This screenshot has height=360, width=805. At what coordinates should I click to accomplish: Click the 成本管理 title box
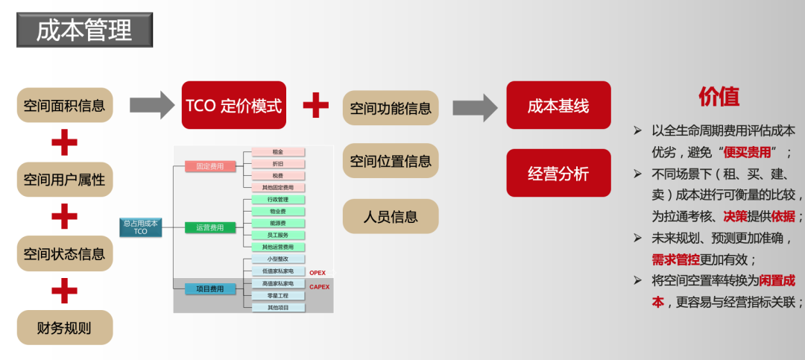tap(84, 30)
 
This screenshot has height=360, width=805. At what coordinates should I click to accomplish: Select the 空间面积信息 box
tap(64, 105)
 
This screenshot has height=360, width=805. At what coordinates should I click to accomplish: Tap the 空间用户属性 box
tap(64, 180)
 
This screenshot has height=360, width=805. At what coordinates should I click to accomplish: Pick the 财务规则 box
tap(64, 327)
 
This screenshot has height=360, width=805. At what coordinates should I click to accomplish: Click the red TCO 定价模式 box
tap(234, 105)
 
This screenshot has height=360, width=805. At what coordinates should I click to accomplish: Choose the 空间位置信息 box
tap(391, 161)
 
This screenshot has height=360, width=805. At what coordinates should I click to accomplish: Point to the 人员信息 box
tap(391, 217)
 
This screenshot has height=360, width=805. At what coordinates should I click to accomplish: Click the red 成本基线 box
tap(558, 105)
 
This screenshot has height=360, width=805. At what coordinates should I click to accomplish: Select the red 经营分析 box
tap(558, 174)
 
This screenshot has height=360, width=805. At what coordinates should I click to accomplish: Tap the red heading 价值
tap(719, 96)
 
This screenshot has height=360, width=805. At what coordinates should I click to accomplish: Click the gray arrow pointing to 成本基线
tap(475, 107)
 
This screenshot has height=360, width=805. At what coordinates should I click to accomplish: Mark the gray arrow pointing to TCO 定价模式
tap(151, 105)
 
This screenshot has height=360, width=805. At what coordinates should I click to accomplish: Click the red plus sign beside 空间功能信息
tap(315, 105)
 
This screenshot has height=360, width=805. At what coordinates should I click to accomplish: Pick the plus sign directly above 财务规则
tap(64, 291)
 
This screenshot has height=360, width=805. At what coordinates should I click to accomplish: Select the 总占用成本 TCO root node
tap(141, 227)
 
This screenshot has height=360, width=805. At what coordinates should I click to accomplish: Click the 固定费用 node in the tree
tap(209, 167)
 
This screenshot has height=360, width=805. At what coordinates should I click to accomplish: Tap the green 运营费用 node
tap(209, 227)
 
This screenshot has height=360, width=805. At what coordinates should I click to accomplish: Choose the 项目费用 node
tap(209, 288)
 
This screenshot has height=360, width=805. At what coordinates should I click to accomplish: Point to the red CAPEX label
tap(319, 286)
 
